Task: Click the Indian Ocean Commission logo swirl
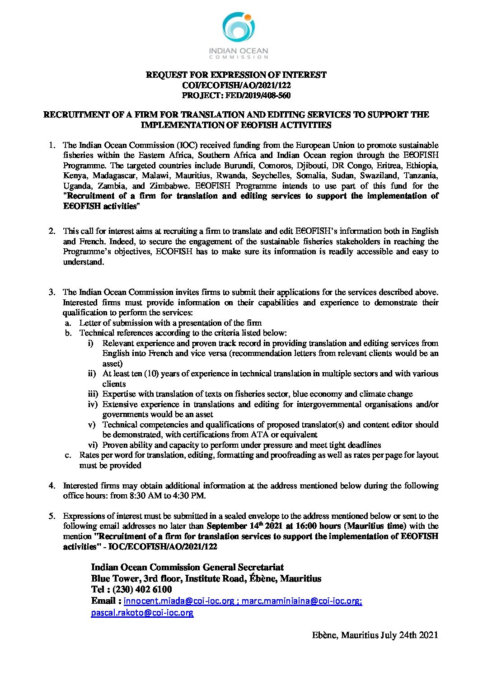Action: click(238, 28)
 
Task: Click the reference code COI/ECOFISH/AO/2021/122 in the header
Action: click(236, 85)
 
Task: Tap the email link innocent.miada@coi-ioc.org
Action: click(179, 601)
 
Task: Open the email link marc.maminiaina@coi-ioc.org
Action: click(302, 601)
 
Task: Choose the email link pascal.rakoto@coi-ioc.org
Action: click(142, 613)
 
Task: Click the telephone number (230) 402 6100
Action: click(142, 589)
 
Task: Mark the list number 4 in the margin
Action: click(52, 486)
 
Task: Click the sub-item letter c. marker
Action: click(68, 455)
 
